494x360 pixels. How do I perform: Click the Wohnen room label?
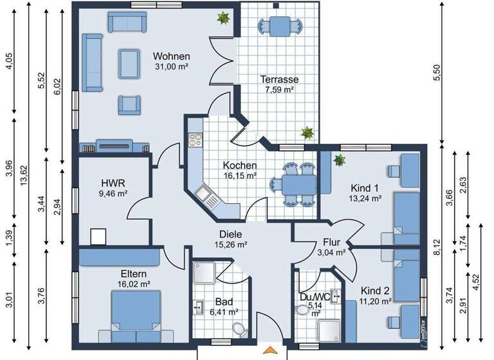pos(172,56)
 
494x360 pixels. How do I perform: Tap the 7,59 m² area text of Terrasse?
pos(279,90)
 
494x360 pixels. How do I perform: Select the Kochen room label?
pos(241,165)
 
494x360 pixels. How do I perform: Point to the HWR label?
pos(108,183)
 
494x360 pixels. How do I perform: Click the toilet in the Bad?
pos(240,330)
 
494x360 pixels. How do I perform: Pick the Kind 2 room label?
pos(376,290)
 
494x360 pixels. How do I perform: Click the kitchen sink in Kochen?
pos(204,192)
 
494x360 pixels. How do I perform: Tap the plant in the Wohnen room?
pos(223,18)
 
